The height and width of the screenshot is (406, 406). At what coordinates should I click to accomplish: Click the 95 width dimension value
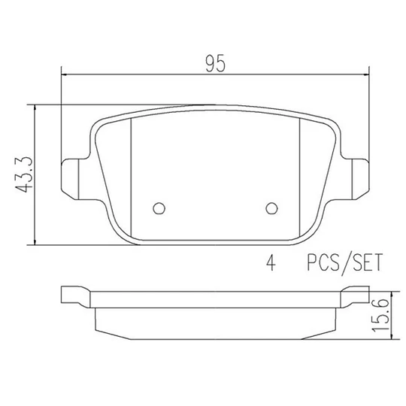pyautogui.click(x=216, y=63)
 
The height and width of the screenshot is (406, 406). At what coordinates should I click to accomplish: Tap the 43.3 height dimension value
pyautogui.click(x=24, y=174)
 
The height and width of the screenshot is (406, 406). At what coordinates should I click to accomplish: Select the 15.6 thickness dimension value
pyautogui.click(x=380, y=315)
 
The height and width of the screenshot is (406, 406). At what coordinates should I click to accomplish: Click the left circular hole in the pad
pyautogui.click(x=159, y=208)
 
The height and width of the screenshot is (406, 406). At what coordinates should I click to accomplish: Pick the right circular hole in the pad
pyautogui.click(x=272, y=208)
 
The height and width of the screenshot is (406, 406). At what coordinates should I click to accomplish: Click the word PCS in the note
pyautogui.click(x=323, y=262)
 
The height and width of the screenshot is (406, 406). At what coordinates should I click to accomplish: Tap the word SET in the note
pyautogui.click(x=368, y=262)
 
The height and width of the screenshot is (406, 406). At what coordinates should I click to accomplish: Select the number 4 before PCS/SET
pyautogui.click(x=271, y=262)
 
